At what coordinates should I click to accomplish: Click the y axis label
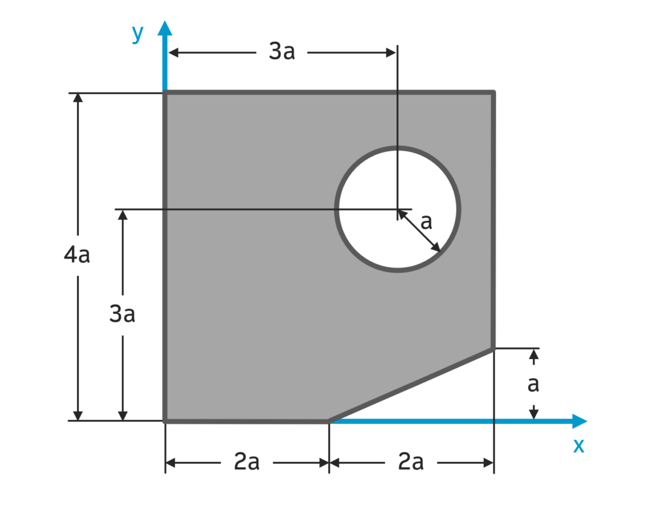[x=137, y=33]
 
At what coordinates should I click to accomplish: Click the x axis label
[x=579, y=445]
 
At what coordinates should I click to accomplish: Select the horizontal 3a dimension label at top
[x=281, y=52]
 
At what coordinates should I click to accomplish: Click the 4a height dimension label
[x=77, y=255]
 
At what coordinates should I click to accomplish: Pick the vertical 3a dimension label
[x=122, y=315]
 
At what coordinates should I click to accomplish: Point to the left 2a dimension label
[x=246, y=462]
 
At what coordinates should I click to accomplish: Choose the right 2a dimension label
[x=411, y=462]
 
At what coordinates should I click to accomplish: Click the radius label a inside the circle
[x=426, y=222]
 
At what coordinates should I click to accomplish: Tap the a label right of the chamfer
[x=533, y=384]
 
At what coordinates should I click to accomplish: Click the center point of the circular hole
[x=397, y=209]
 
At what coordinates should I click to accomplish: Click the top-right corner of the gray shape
[x=493, y=93]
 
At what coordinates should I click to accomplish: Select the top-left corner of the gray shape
[x=165, y=93]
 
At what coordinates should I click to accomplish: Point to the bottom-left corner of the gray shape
[x=165, y=421]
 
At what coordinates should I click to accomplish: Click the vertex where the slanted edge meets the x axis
[x=329, y=421]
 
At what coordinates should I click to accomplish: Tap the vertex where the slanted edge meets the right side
[x=493, y=349]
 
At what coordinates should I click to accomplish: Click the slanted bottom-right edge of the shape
[x=411, y=385]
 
